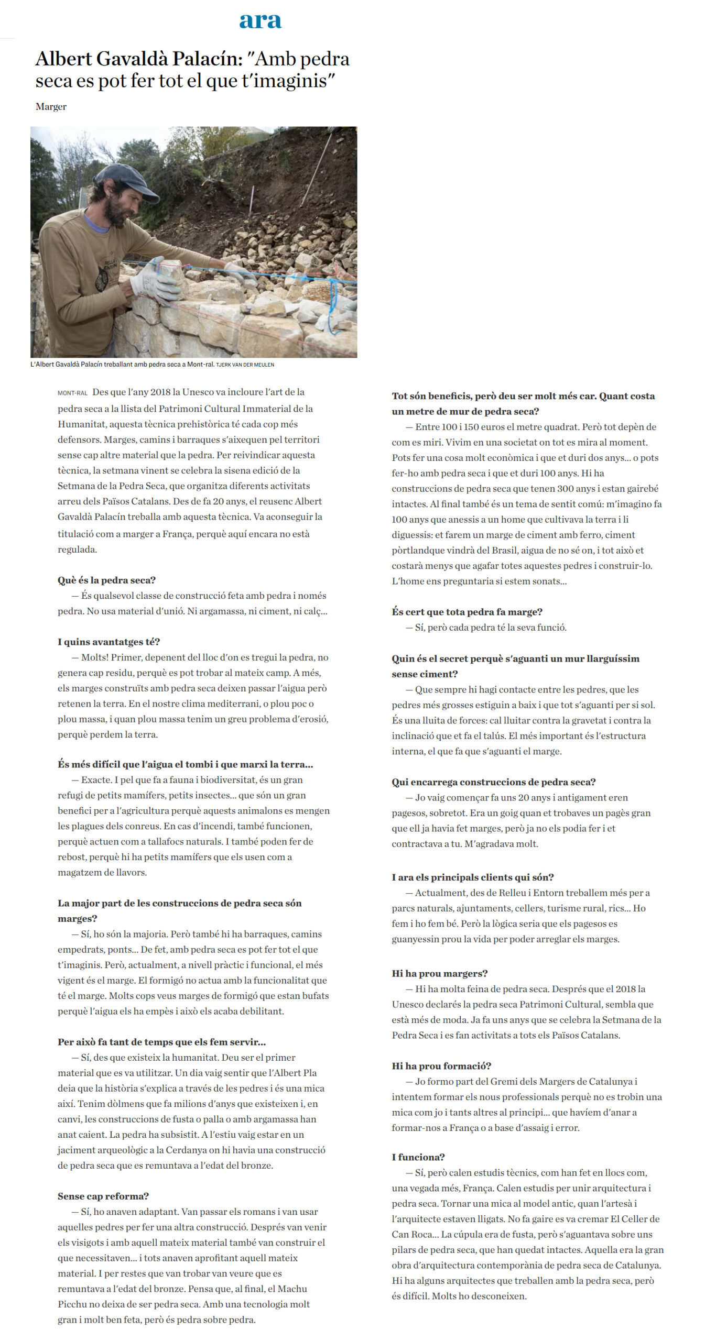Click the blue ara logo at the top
pos(260,20)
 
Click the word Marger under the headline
pos(51,106)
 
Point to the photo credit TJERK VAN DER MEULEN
pos(245,365)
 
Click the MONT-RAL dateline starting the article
pos(72,393)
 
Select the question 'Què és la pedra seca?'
pos(106,580)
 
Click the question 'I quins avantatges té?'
pos(109,642)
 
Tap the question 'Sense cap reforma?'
pos(103,1196)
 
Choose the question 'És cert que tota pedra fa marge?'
pos(467,612)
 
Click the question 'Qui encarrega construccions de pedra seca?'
pos(493,782)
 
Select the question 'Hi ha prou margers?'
pos(439,973)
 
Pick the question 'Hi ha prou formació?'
pos(441,1066)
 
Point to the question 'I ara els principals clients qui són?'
pos(472,877)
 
